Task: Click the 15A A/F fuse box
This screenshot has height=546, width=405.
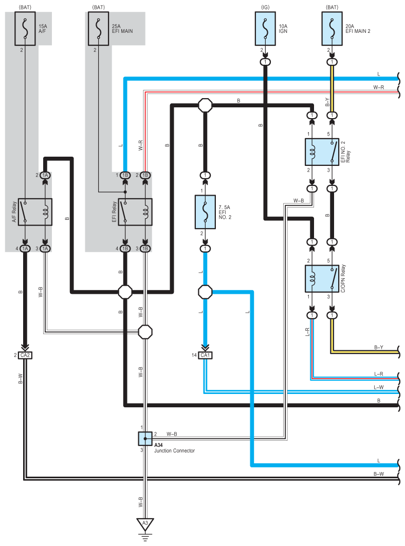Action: pyautogui.click(x=25, y=29)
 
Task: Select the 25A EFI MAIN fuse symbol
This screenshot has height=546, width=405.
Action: pyautogui.click(x=98, y=29)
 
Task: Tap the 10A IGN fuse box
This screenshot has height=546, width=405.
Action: pyautogui.click(x=265, y=29)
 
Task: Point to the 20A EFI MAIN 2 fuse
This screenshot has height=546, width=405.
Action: pyautogui.click(x=332, y=29)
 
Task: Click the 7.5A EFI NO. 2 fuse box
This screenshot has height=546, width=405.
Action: pyautogui.click(x=205, y=212)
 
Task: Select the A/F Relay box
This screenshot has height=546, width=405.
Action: pyautogui.click(x=35, y=212)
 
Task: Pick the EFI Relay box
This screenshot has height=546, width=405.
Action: pyautogui.click(x=135, y=212)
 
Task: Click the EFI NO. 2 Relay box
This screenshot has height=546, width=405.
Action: pyautogui.click(x=322, y=152)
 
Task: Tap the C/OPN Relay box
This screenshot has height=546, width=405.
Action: pyautogui.click(x=322, y=278)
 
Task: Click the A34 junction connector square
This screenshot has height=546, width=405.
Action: pyautogui.click(x=145, y=439)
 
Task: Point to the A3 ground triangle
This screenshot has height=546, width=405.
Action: pyautogui.click(x=145, y=524)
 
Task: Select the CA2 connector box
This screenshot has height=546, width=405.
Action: pyautogui.click(x=25, y=355)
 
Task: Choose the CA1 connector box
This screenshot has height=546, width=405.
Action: pyautogui.click(x=205, y=355)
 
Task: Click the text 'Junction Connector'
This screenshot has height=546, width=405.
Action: pyautogui.click(x=174, y=450)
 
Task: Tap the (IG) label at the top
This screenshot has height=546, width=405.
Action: pyautogui.click(x=265, y=7)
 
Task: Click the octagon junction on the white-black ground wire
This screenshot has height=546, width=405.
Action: pyautogui.click(x=145, y=332)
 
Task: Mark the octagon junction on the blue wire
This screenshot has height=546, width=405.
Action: pyautogui.click(x=205, y=292)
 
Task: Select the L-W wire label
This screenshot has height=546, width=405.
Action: pyautogui.click(x=378, y=387)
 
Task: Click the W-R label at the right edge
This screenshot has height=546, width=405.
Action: pyautogui.click(x=378, y=87)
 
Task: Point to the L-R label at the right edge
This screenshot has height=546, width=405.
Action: pyautogui.click(x=378, y=374)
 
